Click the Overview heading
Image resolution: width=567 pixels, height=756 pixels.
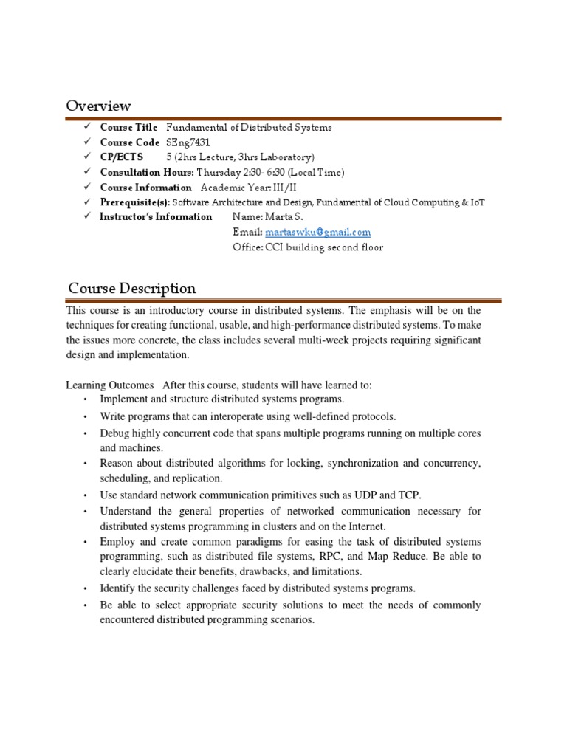point(99,106)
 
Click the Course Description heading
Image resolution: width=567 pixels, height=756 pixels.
point(132,288)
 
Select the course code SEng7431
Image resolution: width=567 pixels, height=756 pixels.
point(188,142)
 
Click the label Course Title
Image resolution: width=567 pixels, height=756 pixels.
point(128,127)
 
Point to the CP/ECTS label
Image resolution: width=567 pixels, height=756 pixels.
point(122,157)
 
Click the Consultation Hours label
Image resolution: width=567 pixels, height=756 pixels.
point(147,172)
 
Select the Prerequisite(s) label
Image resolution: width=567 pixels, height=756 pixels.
point(135,202)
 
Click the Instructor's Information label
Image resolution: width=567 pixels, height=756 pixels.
point(156,217)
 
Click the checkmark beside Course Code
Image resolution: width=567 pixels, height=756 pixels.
point(86,142)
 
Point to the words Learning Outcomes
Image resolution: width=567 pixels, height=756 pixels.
point(110,385)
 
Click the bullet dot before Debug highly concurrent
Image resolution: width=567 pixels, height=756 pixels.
point(86,434)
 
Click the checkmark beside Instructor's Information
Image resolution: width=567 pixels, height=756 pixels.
point(86,216)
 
